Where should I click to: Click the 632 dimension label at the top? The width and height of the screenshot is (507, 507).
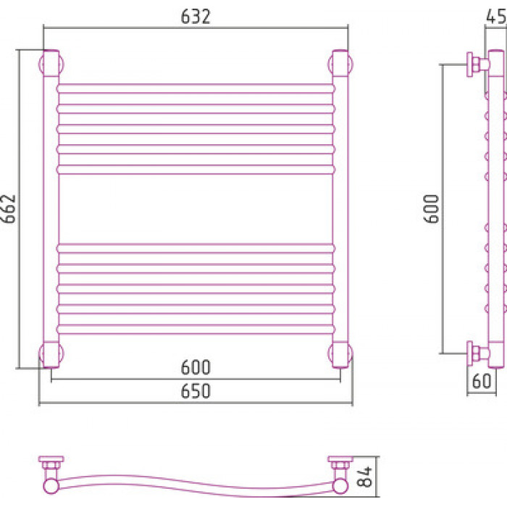pos(196,17)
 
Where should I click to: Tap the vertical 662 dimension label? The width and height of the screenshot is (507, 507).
pos(9,209)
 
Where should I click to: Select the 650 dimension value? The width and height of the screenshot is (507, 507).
pos(196,391)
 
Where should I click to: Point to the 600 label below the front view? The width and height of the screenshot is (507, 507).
pos(196,367)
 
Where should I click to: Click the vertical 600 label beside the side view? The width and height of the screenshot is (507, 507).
pos(432,209)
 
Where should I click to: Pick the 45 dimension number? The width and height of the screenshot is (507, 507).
pos(495,16)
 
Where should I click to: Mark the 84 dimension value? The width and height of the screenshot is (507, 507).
pos(365,477)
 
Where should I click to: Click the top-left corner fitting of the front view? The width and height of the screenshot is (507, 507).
pos(51,64)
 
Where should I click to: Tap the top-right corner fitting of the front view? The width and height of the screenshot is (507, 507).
pos(340,64)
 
